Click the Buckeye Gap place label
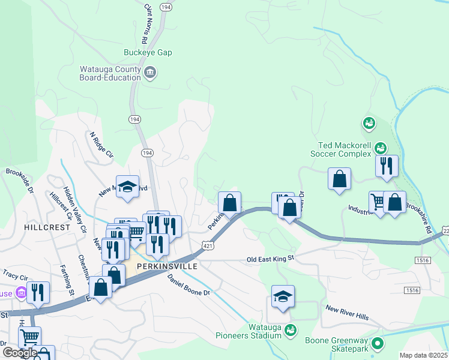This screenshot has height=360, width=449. (x=148, y=53)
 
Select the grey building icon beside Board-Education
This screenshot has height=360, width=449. (x=150, y=73)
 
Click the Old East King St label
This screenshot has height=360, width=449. (x=271, y=259)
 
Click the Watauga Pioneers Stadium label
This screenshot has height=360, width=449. (x=265, y=331)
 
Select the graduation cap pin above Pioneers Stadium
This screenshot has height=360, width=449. (x=283, y=297)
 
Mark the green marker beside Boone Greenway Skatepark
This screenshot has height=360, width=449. (x=378, y=344)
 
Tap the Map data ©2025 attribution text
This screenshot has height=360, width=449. (x=424, y=355)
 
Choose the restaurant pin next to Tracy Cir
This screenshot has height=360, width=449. (x=38, y=293)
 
